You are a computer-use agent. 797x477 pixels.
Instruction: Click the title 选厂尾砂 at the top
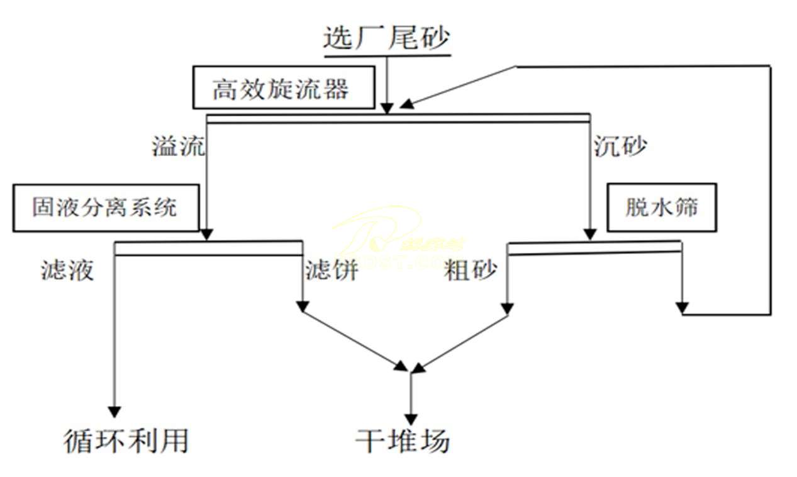coord(387,38)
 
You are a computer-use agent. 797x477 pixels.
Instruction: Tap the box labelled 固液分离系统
coord(105,208)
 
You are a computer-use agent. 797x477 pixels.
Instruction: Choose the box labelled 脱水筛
coord(661,208)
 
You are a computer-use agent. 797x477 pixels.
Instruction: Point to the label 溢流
coord(178,146)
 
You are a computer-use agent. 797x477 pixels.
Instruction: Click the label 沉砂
coord(620,146)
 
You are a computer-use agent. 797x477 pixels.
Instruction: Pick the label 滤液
coord(67,270)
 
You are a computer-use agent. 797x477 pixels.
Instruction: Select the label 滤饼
coord(332,270)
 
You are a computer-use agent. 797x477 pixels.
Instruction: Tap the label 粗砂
coord(471,270)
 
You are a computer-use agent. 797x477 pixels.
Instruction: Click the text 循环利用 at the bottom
coord(126,441)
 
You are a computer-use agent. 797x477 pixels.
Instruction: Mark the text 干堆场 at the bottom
coord(403,441)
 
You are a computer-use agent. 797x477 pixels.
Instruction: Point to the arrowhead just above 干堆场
coord(411,418)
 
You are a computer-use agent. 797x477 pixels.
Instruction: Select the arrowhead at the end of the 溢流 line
coord(207,234)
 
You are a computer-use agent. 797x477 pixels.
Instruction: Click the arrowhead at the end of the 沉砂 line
coord(590,234)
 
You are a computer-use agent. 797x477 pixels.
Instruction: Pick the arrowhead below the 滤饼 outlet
coord(303,307)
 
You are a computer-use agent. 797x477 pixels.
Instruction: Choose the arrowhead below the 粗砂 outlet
coord(507,308)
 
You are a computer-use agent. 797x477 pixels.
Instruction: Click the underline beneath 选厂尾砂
coord(387,55)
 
